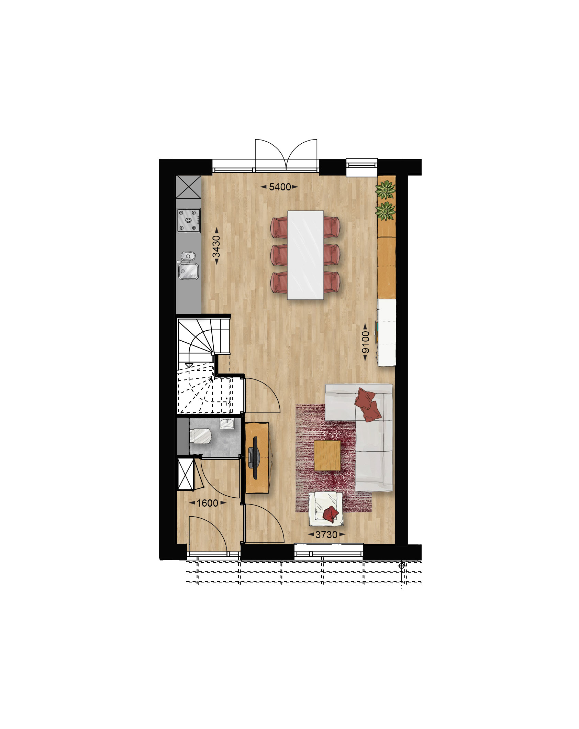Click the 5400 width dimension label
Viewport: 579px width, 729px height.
[280, 187]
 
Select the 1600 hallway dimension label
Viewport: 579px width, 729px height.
[207, 503]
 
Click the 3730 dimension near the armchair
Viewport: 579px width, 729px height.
[326, 534]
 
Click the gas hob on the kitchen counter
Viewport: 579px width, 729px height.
[188, 220]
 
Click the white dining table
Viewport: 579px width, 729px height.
[305, 255]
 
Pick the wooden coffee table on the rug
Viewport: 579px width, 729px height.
[327, 455]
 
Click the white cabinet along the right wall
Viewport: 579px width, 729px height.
[387, 333]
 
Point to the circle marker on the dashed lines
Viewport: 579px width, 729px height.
[401, 565]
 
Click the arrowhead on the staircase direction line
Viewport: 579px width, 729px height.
[188, 365]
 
